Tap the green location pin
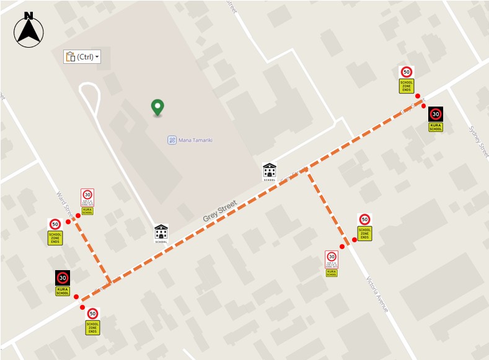tap(157, 108)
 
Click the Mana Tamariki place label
tap(196, 140)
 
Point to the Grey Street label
tap(220, 212)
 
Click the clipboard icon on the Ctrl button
tap(69, 56)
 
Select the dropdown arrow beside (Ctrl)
tap(97, 57)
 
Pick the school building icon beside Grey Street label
tap(161, 234)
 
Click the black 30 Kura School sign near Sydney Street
tap(436, 118)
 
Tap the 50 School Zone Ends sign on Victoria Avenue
tap(364, 227)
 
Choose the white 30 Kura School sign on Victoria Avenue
tap(332, 263)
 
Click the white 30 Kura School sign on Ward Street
tap(87, 201)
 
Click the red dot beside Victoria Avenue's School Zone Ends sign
tap(355, 240)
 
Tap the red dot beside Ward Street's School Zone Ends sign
tap(68, 222)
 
